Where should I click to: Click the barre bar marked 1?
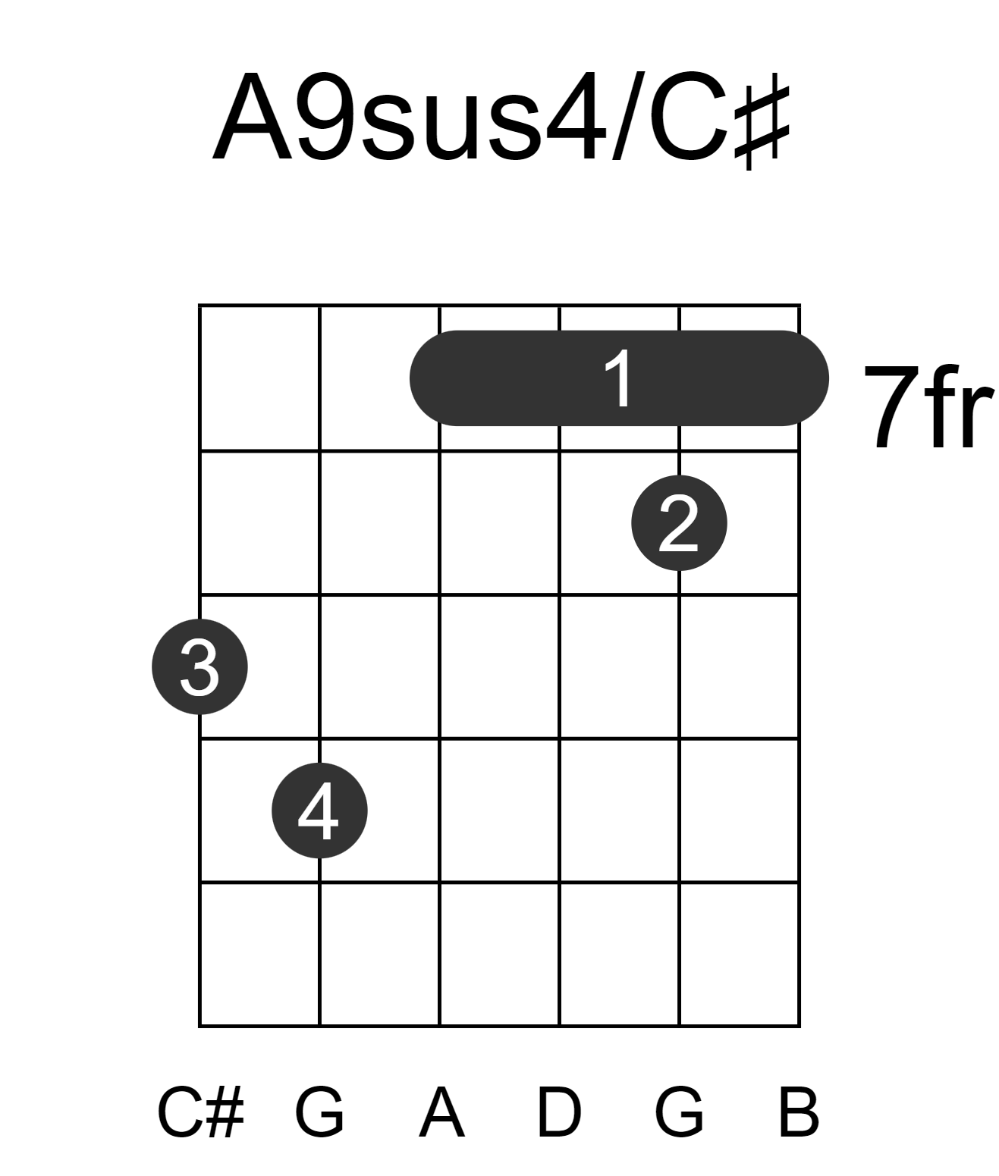coord(619,378)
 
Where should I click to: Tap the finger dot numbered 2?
coord(679,523)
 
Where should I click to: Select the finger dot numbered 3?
coord(199,666)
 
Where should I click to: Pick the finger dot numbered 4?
coord(320,811)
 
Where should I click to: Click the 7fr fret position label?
coord(928,407)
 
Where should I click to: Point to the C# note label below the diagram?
coord(201,1113)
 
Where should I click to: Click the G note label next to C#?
coord(320,1113)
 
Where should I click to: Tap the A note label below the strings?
coord(441,1113)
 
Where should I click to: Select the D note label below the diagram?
coord(560,1113)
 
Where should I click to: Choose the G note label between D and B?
coord(680,1113)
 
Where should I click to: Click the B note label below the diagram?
coord(799,1113)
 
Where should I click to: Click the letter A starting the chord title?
coord(253,117)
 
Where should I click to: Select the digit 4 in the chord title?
coord(576,117)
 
